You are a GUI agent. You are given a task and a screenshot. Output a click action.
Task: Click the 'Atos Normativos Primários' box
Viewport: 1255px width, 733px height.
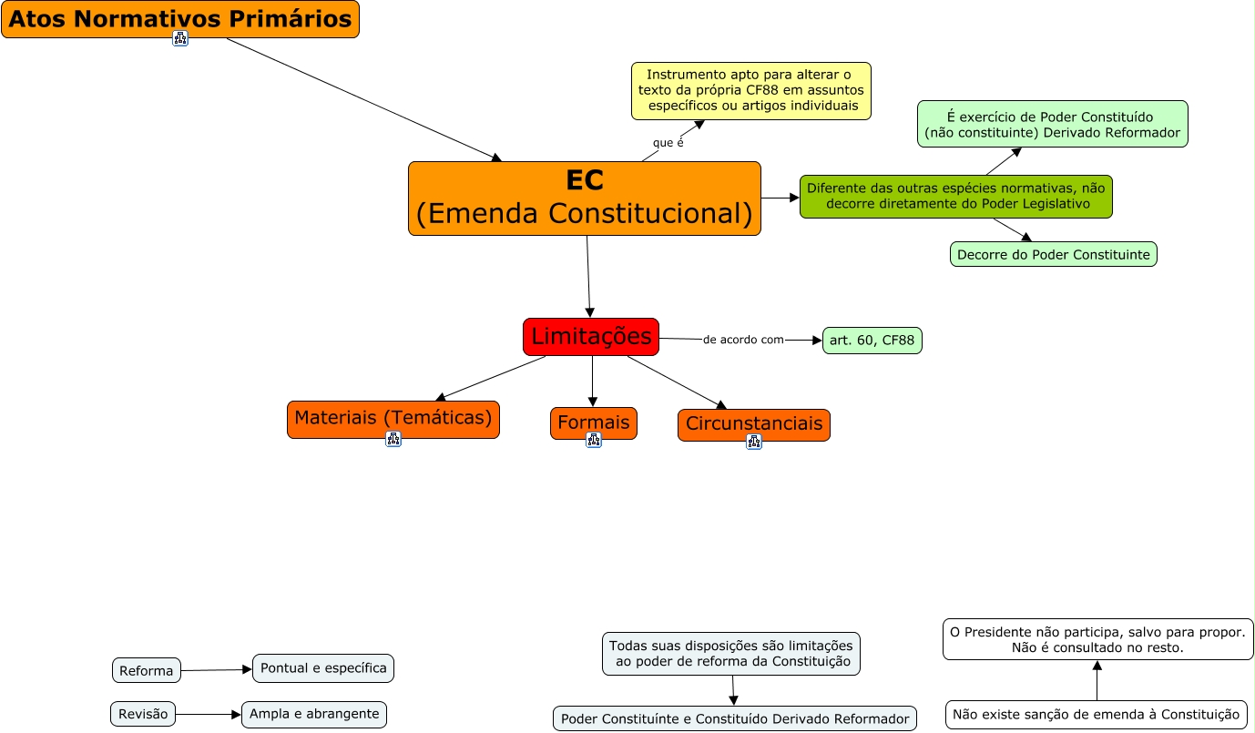[x=180, y=19]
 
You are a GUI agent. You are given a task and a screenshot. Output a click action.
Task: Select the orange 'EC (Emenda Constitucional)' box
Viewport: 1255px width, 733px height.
[x=584, y=199]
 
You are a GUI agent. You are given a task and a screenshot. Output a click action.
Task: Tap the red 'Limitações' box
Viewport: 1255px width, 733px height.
[x=591, y=337]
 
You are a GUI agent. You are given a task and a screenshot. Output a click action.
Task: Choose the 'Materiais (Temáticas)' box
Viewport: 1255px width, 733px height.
[x=393, y=419]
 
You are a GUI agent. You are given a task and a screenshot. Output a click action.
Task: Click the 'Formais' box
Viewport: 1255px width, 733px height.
[x=594, y=422]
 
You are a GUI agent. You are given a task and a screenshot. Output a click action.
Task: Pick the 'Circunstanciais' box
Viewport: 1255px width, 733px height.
[x=754, y=424]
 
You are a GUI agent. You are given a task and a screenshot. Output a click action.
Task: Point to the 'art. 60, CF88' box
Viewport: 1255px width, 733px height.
[x=872, y=341]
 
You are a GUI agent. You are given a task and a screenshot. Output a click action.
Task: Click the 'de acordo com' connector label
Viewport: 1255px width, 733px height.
[x=743, y=340]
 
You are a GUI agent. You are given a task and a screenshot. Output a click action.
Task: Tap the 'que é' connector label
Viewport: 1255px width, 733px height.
[x=668, y=143]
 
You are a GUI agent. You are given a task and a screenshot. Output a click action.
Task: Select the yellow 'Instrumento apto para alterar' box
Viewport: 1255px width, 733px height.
[x=751, y=91]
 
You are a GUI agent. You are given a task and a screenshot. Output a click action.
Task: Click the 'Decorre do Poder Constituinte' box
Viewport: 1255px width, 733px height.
[x=1054, y=254]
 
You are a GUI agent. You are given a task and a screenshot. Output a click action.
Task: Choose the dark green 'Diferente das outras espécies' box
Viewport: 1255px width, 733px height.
[x=956, y=197]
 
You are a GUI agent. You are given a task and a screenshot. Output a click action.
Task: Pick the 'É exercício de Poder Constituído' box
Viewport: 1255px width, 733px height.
[x=1052, y=124]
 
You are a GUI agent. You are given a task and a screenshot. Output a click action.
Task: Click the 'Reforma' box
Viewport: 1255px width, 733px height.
[x=147, y=670]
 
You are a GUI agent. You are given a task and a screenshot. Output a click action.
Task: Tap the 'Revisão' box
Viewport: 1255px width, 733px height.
[x=144, y=714]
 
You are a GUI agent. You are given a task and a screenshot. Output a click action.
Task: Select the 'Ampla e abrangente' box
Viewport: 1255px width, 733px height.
[x=314, y=714]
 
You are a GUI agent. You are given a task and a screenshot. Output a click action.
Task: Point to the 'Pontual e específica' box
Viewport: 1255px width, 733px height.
[x=323, y=667]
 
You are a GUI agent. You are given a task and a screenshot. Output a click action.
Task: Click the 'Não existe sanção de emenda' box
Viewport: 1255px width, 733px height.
[x=1097, y=715]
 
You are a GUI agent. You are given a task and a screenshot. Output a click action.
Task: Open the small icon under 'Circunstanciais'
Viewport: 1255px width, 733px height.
[x=754, y=442]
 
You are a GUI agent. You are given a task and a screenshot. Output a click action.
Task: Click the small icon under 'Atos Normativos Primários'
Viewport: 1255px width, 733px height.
[x=180, y=38]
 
